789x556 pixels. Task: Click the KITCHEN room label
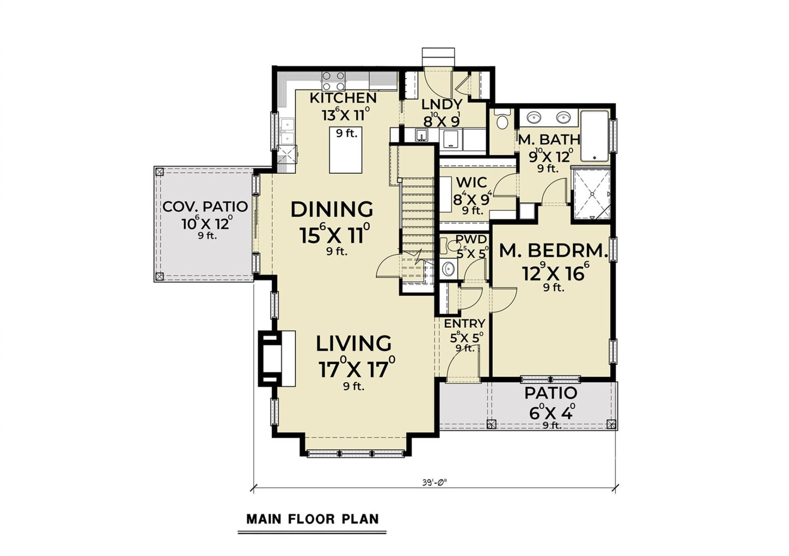pos(343,98)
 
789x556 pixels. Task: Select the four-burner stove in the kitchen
pos(333,81)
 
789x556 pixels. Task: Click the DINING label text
pos(332,210)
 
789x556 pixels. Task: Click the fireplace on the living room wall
pos(276,359)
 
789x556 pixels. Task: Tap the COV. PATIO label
pos(205,207)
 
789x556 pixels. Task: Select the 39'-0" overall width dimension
pos(434,482)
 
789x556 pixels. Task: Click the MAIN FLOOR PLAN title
pos(312,519)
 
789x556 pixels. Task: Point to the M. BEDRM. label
pos(553,251)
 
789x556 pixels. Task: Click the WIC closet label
pos(471,182)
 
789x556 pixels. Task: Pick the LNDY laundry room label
pos(442,105)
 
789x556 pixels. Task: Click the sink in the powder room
pos(448,269)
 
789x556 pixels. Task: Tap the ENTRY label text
pos(464,324)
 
